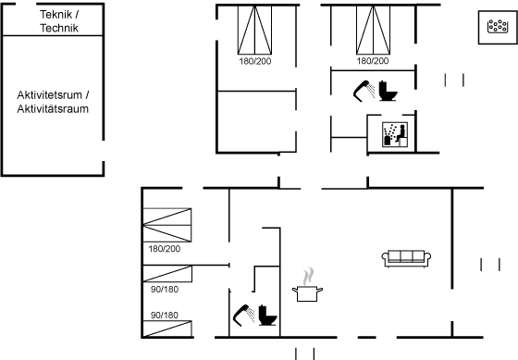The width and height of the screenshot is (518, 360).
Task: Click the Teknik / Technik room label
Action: coord(59,21)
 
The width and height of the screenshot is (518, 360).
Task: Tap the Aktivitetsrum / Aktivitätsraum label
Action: coord(53,102)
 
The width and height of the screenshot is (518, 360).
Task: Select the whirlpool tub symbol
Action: coord(498,27)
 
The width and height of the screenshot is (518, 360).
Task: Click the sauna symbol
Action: coord(395,134)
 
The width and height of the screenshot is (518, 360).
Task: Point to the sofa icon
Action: coord(406,258)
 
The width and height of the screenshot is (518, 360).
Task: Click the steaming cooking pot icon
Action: coord(307,285)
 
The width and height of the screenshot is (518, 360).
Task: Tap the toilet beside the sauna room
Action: coord(388,91)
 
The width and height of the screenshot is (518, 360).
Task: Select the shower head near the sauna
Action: coord(364,91)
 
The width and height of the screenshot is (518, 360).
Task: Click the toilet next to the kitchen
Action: coord(267,316)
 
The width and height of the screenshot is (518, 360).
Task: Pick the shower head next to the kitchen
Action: coord(243,315)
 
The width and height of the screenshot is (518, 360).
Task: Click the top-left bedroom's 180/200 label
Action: coord(255,61)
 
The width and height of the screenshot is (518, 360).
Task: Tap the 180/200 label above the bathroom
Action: coord(373,61)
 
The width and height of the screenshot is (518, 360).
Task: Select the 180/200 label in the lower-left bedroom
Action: coord(165,249)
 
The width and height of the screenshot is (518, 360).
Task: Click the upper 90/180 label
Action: coord(165,290)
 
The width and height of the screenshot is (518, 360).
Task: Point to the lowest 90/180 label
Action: coord(165,315)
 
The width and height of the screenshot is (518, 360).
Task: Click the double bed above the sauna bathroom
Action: coord(373,30)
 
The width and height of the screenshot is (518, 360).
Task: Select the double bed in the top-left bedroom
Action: coord(254,30)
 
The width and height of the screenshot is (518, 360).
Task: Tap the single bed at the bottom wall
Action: coord(167,329)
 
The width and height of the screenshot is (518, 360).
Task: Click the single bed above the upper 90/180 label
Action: coord(167,274)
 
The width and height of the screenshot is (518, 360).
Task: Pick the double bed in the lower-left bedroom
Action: coord(167,225)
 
